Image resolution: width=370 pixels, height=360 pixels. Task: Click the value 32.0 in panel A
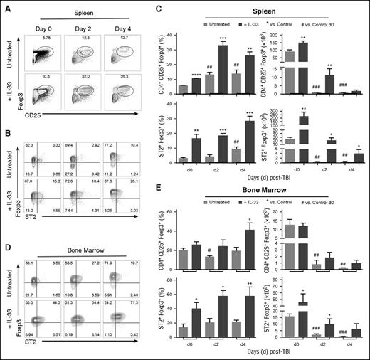(89, 71)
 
